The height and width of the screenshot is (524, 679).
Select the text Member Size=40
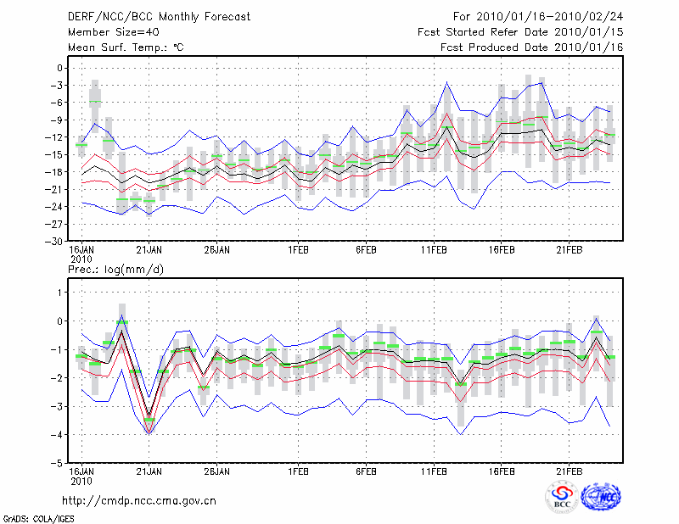[x=106, y=31]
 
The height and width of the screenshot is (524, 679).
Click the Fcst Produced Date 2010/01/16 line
[x=532, y=47]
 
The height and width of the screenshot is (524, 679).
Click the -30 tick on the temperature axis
[x=56, y=241]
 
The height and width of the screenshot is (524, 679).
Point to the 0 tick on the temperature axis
[x=60, y=68]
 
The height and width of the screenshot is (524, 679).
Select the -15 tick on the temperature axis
[x=56, y=154]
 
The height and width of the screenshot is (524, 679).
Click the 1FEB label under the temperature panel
[x=297, y=249]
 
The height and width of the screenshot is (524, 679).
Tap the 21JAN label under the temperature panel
[x=149, y=249]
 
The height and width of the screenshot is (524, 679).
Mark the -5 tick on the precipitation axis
[x=58, y=464]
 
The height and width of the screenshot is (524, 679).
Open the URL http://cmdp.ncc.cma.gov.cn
[x=139, y=500]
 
